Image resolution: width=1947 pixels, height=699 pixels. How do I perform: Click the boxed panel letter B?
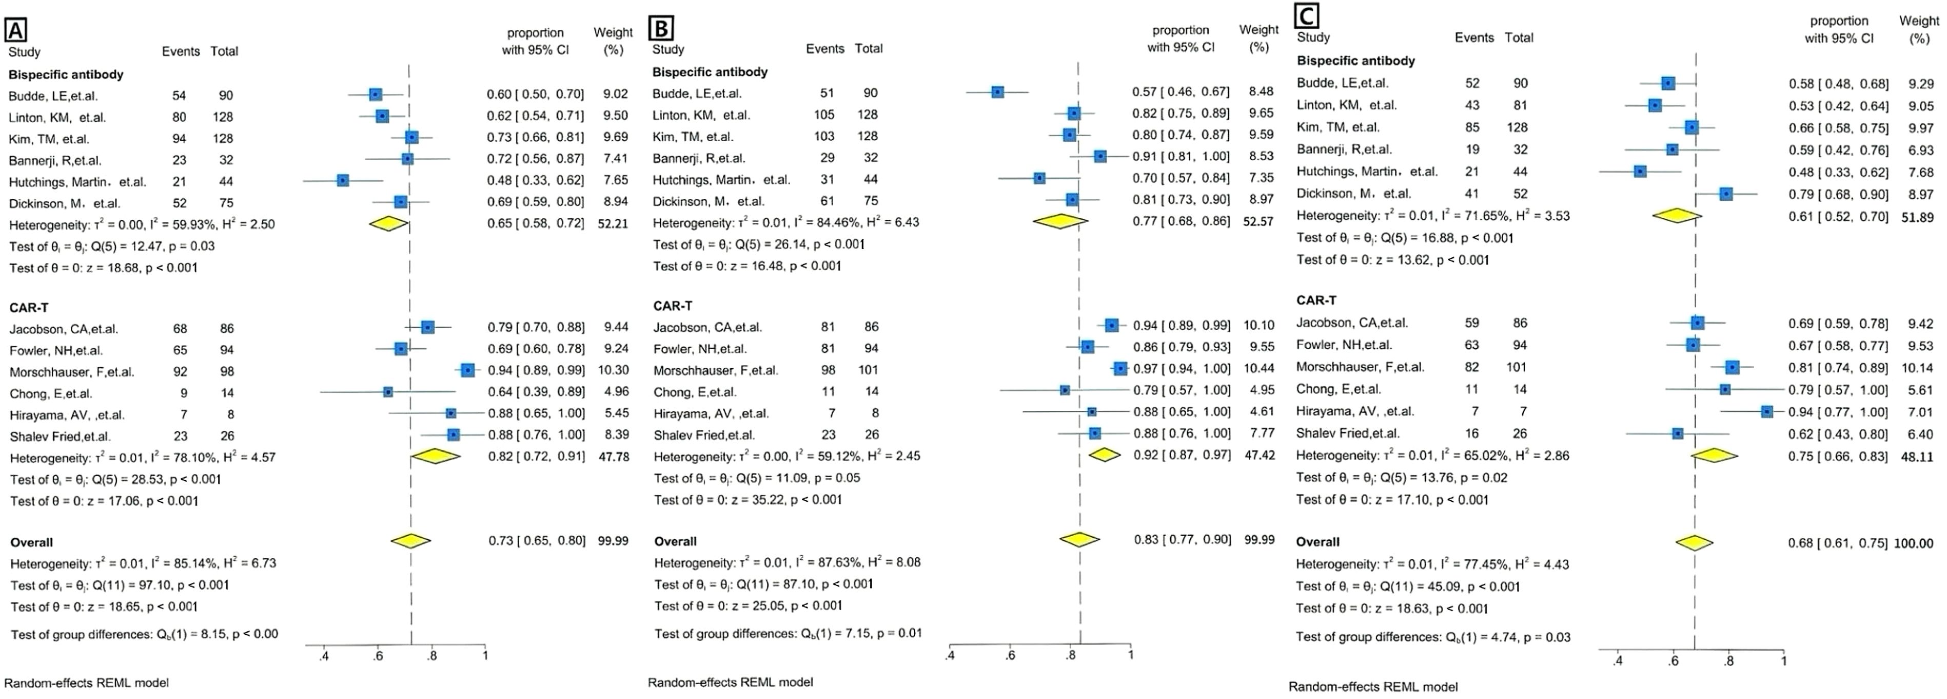661,28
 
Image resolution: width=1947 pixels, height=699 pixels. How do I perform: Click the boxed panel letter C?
1307,15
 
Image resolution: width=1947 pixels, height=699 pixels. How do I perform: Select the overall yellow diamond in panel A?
410,540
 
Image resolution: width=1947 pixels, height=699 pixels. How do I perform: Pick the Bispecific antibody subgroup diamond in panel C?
1677,216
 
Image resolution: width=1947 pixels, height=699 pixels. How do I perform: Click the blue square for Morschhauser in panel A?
468,370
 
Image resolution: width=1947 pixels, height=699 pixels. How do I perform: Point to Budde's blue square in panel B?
998,91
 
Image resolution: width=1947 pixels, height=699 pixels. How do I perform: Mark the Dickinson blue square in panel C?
1725,194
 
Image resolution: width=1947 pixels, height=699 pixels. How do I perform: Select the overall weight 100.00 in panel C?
1913,543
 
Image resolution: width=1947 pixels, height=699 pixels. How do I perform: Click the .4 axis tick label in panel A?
324,656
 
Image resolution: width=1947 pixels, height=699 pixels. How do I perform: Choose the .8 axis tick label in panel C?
1728,660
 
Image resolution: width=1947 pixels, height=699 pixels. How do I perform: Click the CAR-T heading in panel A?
29,308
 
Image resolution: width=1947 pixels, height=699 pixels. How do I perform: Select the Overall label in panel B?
675,541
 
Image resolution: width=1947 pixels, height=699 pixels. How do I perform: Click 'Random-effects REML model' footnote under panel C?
1372,687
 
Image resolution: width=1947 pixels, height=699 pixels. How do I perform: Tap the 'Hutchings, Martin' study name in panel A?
77,182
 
